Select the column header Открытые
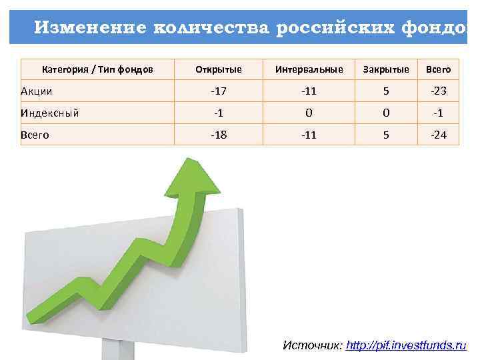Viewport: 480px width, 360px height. (219, 69)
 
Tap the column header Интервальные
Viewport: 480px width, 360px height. (309, 69)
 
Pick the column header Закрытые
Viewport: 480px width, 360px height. (385, 69)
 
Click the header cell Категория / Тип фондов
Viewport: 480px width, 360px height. (97, 69)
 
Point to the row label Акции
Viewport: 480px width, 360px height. (37, 91)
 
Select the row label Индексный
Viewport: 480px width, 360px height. (50, 113)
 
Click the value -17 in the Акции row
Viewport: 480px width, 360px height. (219, 91)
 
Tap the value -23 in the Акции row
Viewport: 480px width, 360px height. (438, 91)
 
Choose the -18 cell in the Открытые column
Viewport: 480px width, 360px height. (219, 135)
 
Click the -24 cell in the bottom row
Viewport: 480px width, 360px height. (438, 135)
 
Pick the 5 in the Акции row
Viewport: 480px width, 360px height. (385, 91)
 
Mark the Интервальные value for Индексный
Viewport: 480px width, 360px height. (309, 113)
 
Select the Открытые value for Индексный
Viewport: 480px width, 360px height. (219, 113)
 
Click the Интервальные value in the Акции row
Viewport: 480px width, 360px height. (309, 91)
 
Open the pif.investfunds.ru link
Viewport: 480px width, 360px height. (406, 345)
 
